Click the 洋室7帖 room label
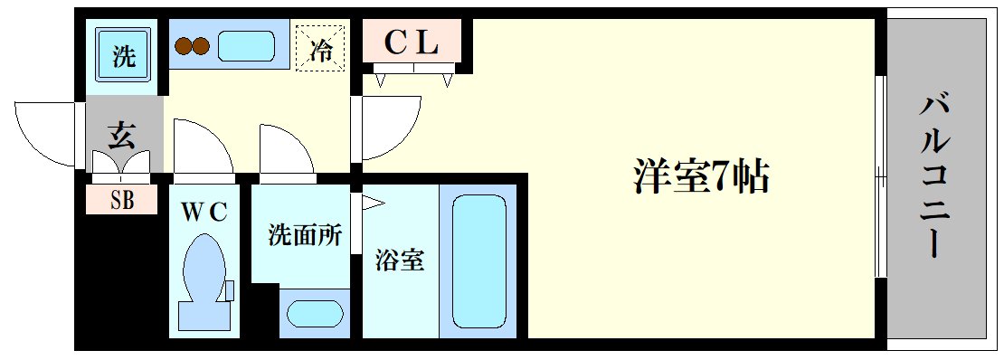(700, 177)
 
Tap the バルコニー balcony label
(935, 175)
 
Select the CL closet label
(412, 42)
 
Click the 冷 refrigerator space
(320, 49)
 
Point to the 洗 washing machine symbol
(124, 57)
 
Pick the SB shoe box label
(122, 200)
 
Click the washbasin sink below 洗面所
(315, 313)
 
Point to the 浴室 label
(400, 261)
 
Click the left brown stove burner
(184, 45)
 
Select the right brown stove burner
(202, 45)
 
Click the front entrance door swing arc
(45, 134)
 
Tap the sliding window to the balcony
(878, 176)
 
